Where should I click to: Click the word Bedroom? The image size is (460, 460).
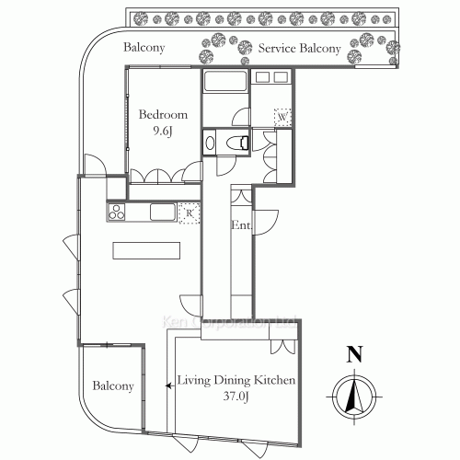pos(163,115)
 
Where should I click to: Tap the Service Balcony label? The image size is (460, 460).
pos(299,49)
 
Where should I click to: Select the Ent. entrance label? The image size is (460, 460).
pos(241,225)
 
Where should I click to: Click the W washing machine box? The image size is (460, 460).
pos(282,117)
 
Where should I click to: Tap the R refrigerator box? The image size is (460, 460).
pos(188,213)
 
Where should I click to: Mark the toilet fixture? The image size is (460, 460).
pos(236,142)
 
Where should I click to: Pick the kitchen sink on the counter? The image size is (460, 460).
pos(162,213)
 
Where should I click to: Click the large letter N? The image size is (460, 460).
pos(351,354)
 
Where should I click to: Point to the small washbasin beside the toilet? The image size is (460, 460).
pos(210,143)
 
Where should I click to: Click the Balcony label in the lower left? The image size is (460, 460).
pos(113,386)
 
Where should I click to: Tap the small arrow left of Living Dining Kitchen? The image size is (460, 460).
pos(167,387)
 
